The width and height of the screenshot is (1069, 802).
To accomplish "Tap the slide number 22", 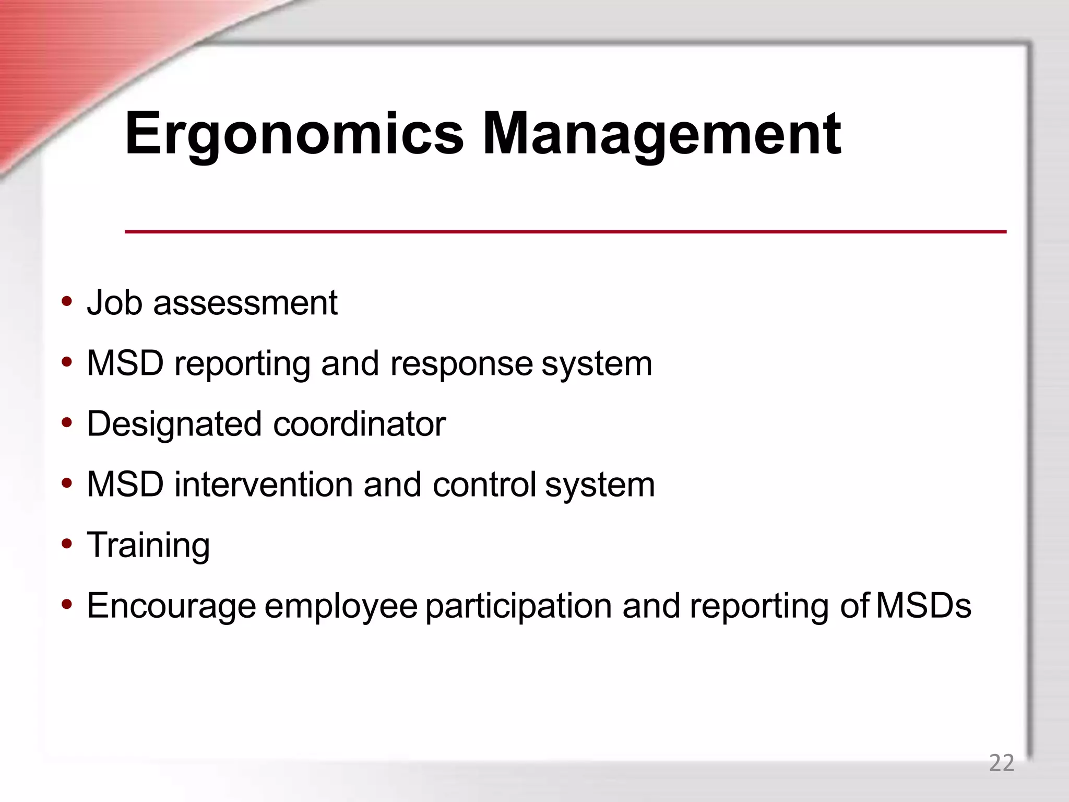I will coord(1001,763).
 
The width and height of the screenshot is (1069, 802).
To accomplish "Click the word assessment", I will coord(245,303).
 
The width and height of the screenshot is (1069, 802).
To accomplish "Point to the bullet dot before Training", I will coord(66,544).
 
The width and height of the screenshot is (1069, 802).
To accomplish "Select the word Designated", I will coord(174,424).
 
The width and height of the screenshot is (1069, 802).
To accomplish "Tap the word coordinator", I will coord(359,424).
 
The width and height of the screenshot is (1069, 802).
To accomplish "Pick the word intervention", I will coord(264,485).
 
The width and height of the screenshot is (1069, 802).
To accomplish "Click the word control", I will coord(484,485).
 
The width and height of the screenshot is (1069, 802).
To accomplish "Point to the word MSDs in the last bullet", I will coord(923,606).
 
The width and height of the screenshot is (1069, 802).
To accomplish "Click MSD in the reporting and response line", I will coord(125,363).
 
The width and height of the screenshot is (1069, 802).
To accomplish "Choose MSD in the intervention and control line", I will coord(125,485).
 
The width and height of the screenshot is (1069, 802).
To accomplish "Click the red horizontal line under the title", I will coord(565,231).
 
